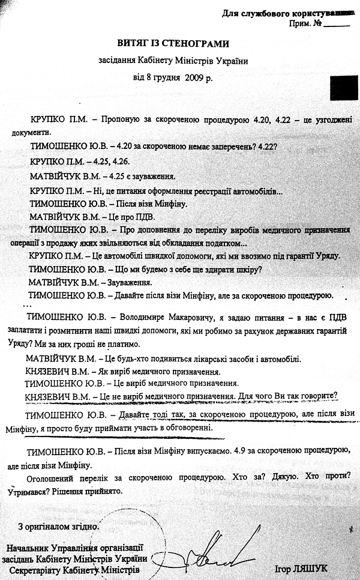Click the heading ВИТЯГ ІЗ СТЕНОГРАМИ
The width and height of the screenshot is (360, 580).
tap(173, 43)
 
